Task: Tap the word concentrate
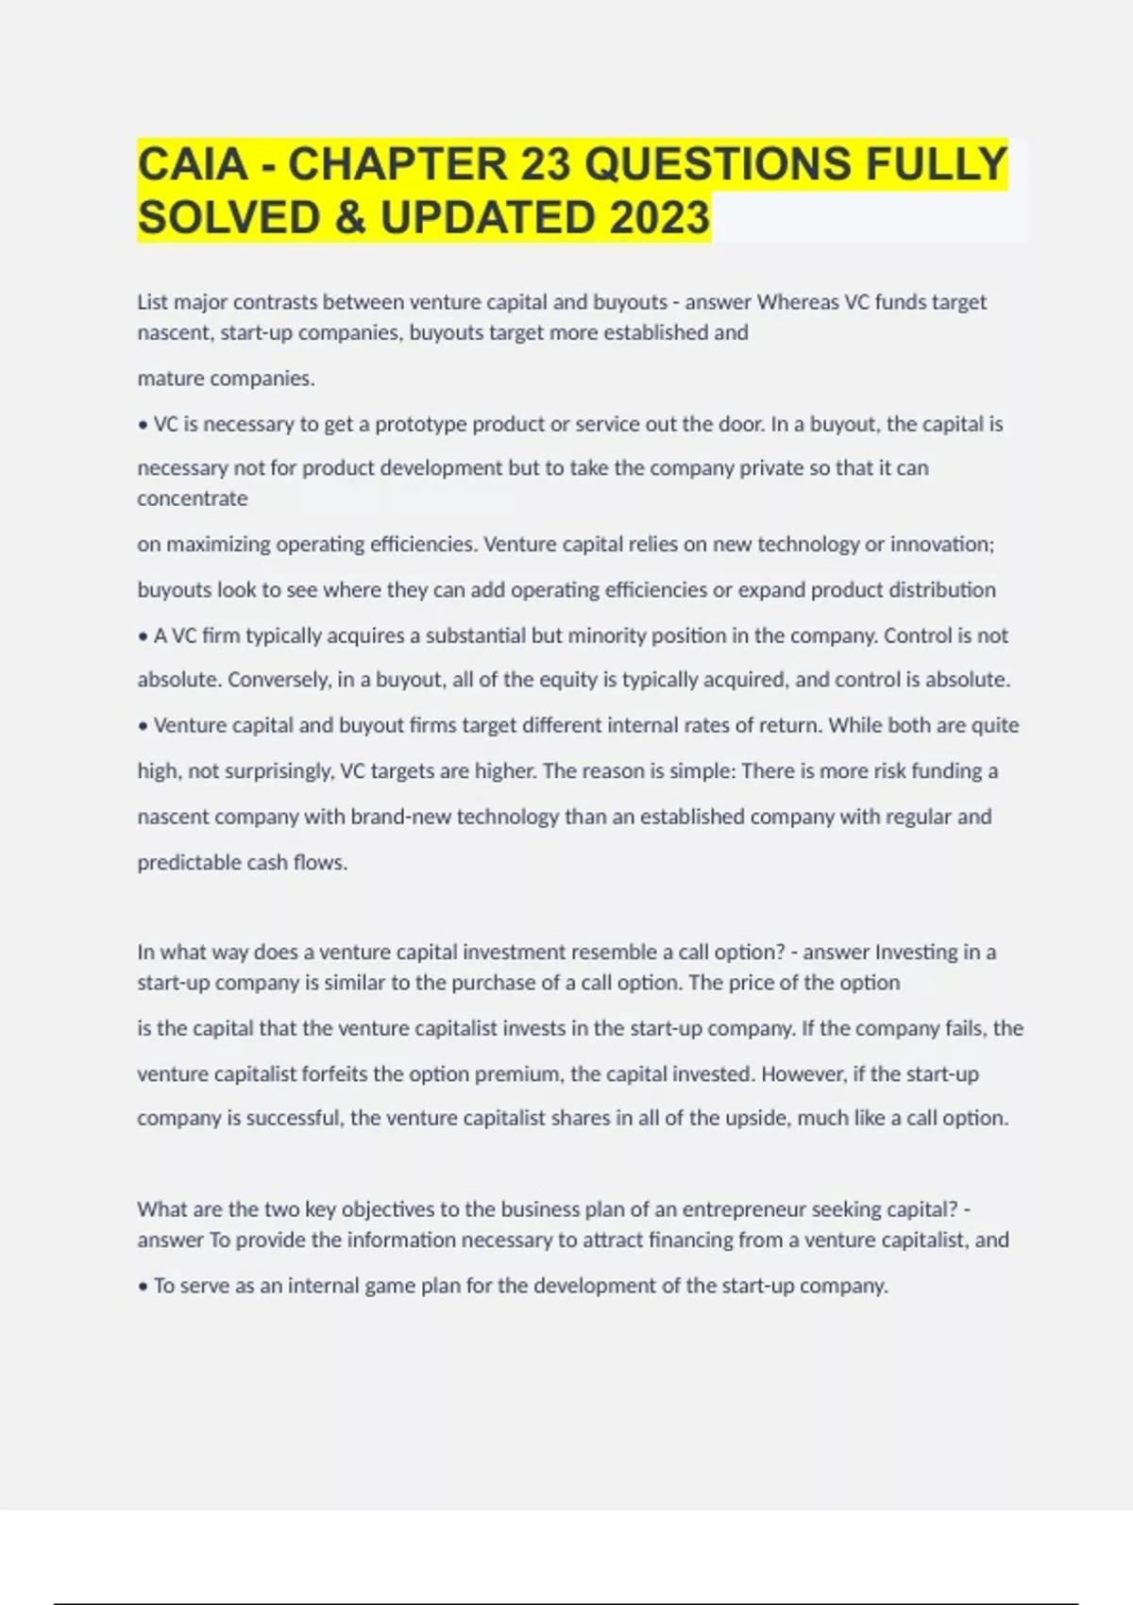[193, 498]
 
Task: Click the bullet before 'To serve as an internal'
[144, 1287]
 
